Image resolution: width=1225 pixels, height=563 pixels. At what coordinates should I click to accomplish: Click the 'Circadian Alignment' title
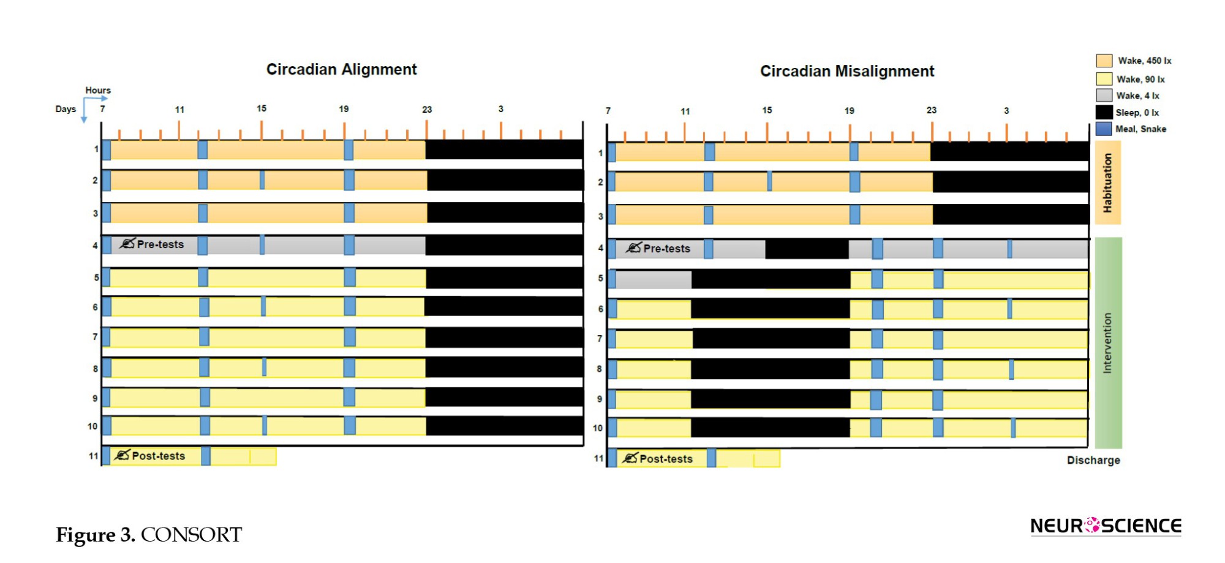[x=341, y=69]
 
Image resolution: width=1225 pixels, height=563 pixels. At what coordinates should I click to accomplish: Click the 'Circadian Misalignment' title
[x=847, y=71]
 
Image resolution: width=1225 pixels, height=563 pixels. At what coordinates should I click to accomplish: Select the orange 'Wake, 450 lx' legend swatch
[x=1104, y=61]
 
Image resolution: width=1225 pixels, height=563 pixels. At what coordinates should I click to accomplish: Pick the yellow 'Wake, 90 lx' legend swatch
[x=1104, y=79]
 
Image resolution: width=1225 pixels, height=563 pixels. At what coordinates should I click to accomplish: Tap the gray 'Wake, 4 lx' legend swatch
[x=1104, y=96]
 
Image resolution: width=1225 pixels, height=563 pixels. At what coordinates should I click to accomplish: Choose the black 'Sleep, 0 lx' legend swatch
[x=1104, y=112]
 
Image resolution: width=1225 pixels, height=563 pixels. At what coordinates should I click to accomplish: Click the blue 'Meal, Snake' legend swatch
[x=1104, y=129]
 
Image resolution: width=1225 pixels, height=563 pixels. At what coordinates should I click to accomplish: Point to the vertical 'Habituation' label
[x=1107, y=183]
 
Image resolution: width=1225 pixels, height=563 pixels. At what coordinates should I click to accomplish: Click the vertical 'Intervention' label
[x=1107, y=343]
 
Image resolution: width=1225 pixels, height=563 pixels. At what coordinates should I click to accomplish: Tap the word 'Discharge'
[x=1093, y=460]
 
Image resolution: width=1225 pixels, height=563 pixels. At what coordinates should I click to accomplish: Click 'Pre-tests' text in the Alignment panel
[x=160, y=244]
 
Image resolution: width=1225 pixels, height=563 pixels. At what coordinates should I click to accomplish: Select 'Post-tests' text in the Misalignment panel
[x=666, y=459]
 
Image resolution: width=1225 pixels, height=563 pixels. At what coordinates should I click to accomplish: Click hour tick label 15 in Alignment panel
[x=262, y=108]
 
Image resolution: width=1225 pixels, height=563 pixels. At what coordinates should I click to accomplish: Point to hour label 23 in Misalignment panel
[x=931, y=110]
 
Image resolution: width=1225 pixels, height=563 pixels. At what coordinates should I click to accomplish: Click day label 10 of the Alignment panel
[x=92, y=426]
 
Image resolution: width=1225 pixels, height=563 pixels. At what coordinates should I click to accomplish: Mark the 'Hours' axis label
[x=98, y=90]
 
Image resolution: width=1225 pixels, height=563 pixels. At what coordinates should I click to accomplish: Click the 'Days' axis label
[x=66, y=109]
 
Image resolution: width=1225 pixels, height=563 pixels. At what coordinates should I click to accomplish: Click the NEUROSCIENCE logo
[x=1106, y=526]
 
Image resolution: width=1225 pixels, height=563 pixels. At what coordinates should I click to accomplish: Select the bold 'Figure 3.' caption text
[x=96, y=535]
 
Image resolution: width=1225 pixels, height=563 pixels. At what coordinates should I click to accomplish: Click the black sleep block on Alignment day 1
[x=504, y=149]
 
